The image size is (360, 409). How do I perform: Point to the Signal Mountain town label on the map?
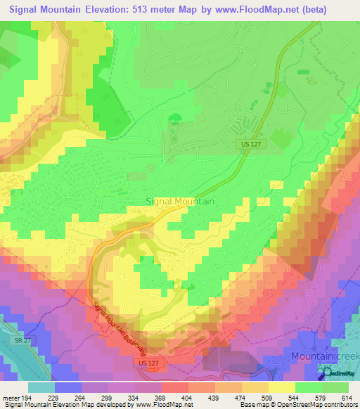(180, 200)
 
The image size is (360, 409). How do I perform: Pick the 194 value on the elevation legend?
(28, 398)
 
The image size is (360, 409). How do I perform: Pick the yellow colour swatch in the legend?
(282, 387)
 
